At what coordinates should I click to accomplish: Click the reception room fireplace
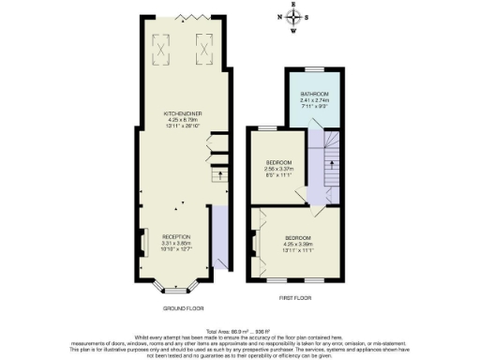pyautogui.click(x=142, y=242)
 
